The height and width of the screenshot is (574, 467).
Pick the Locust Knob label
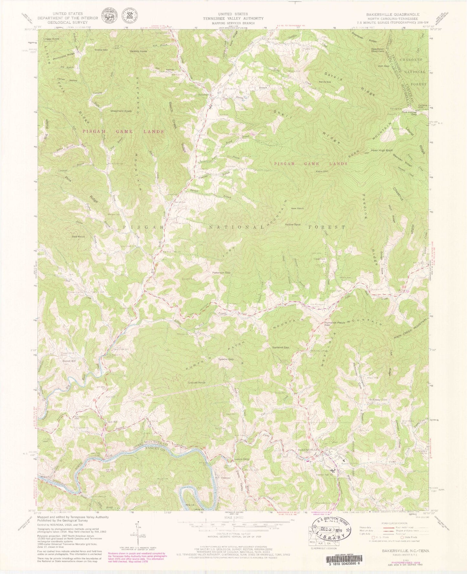click(x=197, y=383)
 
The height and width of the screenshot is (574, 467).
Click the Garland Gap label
click(x=280, y=347)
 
